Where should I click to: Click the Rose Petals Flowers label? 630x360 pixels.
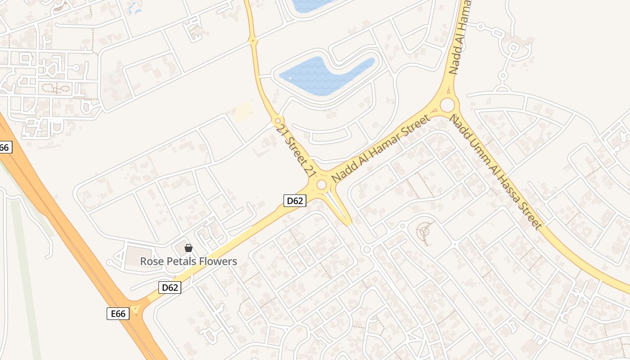[188, 261]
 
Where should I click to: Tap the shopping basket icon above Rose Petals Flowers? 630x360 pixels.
[189, 248]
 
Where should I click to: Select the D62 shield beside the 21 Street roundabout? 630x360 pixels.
[295, 201]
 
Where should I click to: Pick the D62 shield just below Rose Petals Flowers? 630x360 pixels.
[170, 288]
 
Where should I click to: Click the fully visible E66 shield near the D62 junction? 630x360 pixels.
[118, 314]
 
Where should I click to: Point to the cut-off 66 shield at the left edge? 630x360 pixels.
[5, 147]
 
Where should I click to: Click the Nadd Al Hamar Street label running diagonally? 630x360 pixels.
[381, 148]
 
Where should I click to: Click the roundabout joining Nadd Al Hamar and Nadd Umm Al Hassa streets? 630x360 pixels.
[447, 105]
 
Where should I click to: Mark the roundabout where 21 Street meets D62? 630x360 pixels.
[321, 184]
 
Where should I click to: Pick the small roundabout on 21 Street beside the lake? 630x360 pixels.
[278, 121]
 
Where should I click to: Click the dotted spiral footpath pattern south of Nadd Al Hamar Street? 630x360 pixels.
[423, 232]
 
